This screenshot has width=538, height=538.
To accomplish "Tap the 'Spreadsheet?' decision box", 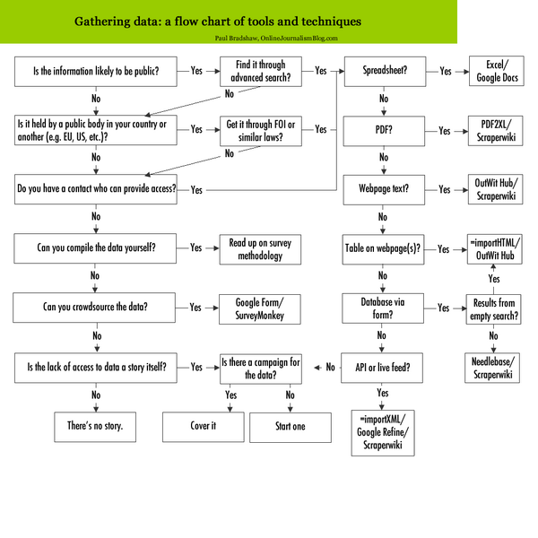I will [383, 69].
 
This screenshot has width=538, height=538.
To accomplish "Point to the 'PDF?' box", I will [383, 130].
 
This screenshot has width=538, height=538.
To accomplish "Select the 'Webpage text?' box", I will [383, 189].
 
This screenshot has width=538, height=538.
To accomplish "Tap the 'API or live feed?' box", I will [383, 367].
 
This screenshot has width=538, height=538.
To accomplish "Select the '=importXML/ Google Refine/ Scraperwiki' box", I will [383, 433].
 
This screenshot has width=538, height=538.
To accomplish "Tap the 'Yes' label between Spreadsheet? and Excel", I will [445, 69].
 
